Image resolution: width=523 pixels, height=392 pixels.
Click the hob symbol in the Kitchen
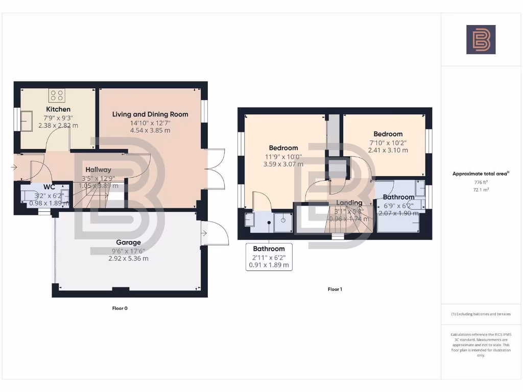click(x=56, y=95)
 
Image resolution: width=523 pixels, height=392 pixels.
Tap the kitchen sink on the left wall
click(x=26, y=120)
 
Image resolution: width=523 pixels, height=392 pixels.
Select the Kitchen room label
click(x=58, y=109)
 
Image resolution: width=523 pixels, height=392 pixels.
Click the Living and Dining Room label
click(x=150, y=114)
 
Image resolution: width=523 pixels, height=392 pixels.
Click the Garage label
click(x=128, y=242)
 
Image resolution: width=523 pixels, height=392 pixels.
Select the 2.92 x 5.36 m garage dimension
click(x=128, y=258)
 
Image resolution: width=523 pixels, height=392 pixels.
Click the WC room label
click(x=50, y=187)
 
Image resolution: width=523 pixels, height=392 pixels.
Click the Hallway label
click(x=98, y=169)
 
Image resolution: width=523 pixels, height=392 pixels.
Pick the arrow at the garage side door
click(x=205, y=234)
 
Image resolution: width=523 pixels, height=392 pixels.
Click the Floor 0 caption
click(x=120, y=308)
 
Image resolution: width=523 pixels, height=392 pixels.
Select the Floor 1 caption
click(x=335, y=289)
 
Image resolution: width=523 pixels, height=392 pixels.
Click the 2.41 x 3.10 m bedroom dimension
click(x=388, y=150)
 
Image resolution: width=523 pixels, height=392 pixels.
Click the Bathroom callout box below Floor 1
click(x=269, y=257)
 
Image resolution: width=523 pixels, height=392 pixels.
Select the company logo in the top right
click(x=481, y=40)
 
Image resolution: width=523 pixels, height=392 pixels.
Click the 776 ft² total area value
click(x=481, y=182)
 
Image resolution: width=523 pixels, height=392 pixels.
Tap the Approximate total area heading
click(x=481, y=174)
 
